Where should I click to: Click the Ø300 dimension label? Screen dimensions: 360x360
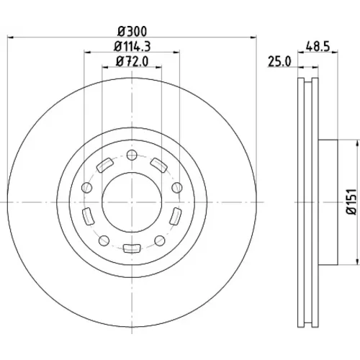pos(132,32)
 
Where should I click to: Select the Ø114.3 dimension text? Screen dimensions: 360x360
pos(132,47)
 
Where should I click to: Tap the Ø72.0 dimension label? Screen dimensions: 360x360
pos(132,61)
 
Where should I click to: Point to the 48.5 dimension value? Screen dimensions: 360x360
pos(318,47)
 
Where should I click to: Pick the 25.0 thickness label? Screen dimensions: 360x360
pos(279,61)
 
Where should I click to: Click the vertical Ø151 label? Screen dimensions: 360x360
pos(351,202)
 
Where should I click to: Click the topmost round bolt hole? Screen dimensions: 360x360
pos(132,155)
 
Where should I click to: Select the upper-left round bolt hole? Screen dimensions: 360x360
pos(87,187)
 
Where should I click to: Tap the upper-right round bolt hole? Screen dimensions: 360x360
pos(177,187)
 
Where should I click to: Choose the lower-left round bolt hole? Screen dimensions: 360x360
pos(104,240)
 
